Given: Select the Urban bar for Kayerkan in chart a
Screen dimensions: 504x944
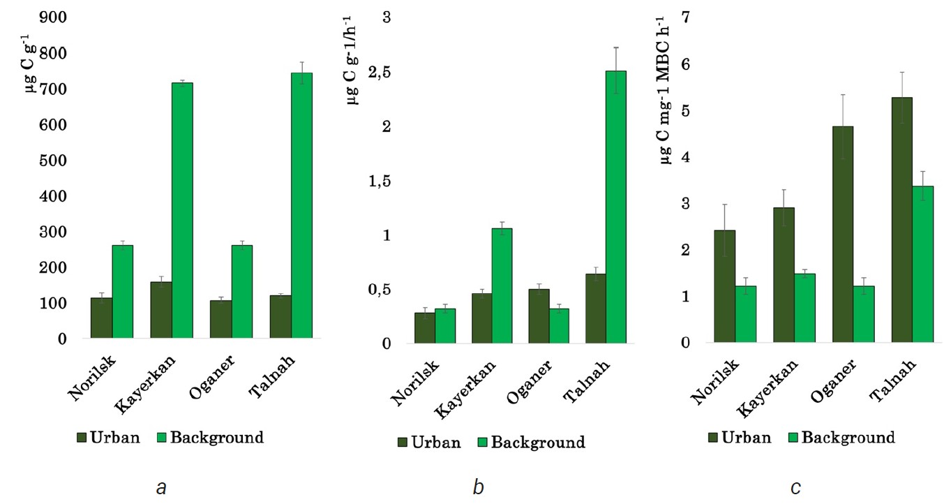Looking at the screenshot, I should click(x=161, y=311).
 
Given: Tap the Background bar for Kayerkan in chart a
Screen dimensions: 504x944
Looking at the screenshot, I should click(x=182, y=211).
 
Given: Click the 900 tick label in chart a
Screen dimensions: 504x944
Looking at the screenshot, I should click(x=53, y=17).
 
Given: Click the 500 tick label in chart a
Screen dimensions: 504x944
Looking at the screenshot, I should click(x=53, y=161).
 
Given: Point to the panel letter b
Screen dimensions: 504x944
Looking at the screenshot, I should click(x=478, y=487).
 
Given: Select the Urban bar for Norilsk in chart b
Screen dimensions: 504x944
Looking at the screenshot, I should click(x=425, y=328).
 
